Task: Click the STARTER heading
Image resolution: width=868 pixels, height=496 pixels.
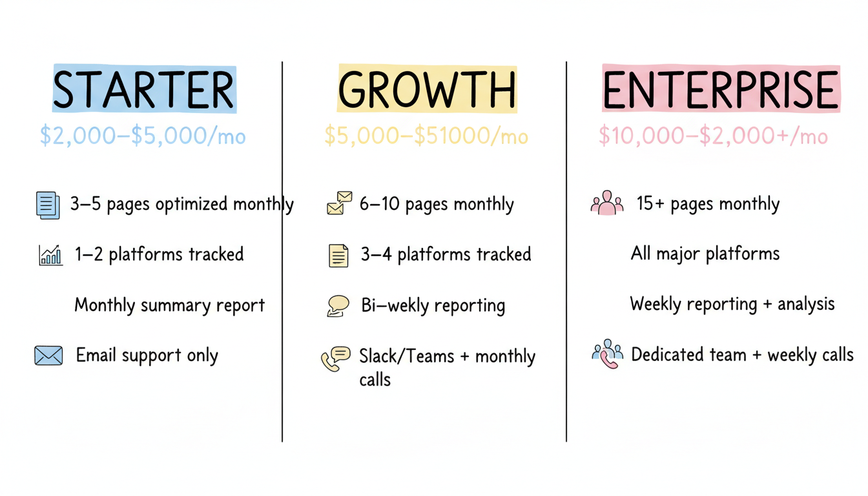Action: [144, 89]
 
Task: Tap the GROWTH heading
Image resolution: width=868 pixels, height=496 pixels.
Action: [427, 89]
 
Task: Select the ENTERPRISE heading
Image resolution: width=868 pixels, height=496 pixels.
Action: [721, 89]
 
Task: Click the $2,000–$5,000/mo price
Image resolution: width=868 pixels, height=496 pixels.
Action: [143, 136]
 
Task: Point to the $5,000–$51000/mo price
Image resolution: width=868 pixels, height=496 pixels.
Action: [426, 136]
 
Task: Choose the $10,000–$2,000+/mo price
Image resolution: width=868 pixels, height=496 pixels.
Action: [713, 136]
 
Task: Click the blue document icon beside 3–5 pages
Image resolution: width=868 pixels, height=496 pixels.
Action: [48, 205]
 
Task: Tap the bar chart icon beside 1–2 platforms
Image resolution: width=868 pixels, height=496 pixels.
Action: [50, 255]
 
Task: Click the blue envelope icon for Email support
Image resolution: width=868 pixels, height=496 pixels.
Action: [48, 355]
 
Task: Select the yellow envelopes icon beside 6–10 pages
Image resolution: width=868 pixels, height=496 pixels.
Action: [339, 203]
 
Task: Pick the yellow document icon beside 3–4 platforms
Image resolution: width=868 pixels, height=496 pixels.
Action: [338, 256]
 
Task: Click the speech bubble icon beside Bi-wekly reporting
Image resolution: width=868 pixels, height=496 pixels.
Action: [338, 305]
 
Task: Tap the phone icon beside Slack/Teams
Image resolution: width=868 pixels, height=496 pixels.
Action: [335, 358]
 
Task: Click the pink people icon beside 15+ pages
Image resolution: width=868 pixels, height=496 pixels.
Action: [606, 203]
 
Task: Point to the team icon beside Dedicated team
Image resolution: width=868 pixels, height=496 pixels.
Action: [607, 353]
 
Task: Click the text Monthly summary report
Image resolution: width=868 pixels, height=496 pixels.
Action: [169, 305]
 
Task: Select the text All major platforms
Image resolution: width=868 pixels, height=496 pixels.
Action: [705, 253]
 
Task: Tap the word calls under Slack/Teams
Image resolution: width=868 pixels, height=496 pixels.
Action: [375, 379]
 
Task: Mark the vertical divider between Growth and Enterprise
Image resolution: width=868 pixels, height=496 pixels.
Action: [566, 252]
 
